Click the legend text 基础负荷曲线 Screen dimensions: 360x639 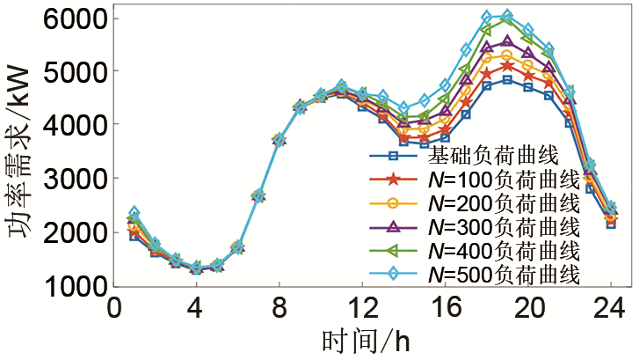pos(493,157)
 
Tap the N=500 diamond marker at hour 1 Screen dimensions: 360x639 pos(134,212)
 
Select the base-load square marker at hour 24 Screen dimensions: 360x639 pos(611,224)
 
